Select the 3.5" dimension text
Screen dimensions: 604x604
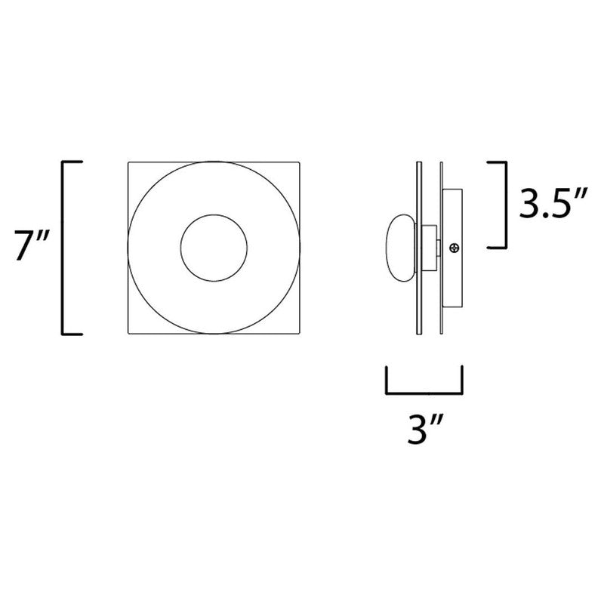[x=547, y=204]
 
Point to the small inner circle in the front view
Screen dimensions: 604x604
[x=212, y=248]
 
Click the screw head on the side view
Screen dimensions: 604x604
[x=454, y=247]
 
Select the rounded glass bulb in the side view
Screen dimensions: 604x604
[x=401, y=247]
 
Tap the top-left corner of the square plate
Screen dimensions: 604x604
[x=128, y=162]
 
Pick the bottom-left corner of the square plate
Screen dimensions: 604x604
[x=128, y=333]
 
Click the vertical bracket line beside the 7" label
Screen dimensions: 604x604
[x=62, y=248]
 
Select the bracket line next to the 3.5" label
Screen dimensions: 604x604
[x=504, y=204]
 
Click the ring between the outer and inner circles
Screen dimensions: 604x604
[x=159, y=248]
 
